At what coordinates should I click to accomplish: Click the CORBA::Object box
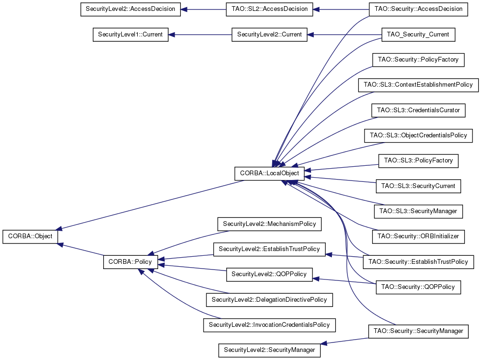[30, 236]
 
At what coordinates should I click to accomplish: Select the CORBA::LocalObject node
[269, 173]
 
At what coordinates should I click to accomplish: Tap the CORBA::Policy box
[130, 262]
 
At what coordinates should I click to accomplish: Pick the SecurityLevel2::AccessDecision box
[130, 9]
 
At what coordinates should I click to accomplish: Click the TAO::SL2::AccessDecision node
[270, 9]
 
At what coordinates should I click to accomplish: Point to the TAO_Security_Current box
[418, 35]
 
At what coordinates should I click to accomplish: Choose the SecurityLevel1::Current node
[130, 35]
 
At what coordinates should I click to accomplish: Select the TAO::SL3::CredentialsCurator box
[419, 110]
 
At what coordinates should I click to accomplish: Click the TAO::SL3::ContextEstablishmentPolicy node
[419, 85]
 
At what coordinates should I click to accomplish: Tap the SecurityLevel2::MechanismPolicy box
[269, 224]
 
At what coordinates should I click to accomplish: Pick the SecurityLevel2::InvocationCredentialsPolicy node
[269, 325]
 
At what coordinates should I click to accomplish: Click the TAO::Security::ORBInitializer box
[419, 236]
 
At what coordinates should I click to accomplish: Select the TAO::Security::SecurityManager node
[419, 332]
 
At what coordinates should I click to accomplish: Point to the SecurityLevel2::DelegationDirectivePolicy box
[269, 299]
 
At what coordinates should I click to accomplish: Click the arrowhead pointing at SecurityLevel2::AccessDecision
[184, 9]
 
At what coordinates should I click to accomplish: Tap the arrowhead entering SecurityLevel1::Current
[171, 35]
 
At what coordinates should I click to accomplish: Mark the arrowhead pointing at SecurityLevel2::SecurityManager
[324, 343]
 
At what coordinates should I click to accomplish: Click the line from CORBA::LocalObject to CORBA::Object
[151, 205]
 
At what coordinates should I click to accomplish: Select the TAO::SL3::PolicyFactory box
[419, 161]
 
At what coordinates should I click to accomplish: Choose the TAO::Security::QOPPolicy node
[419, 287]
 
